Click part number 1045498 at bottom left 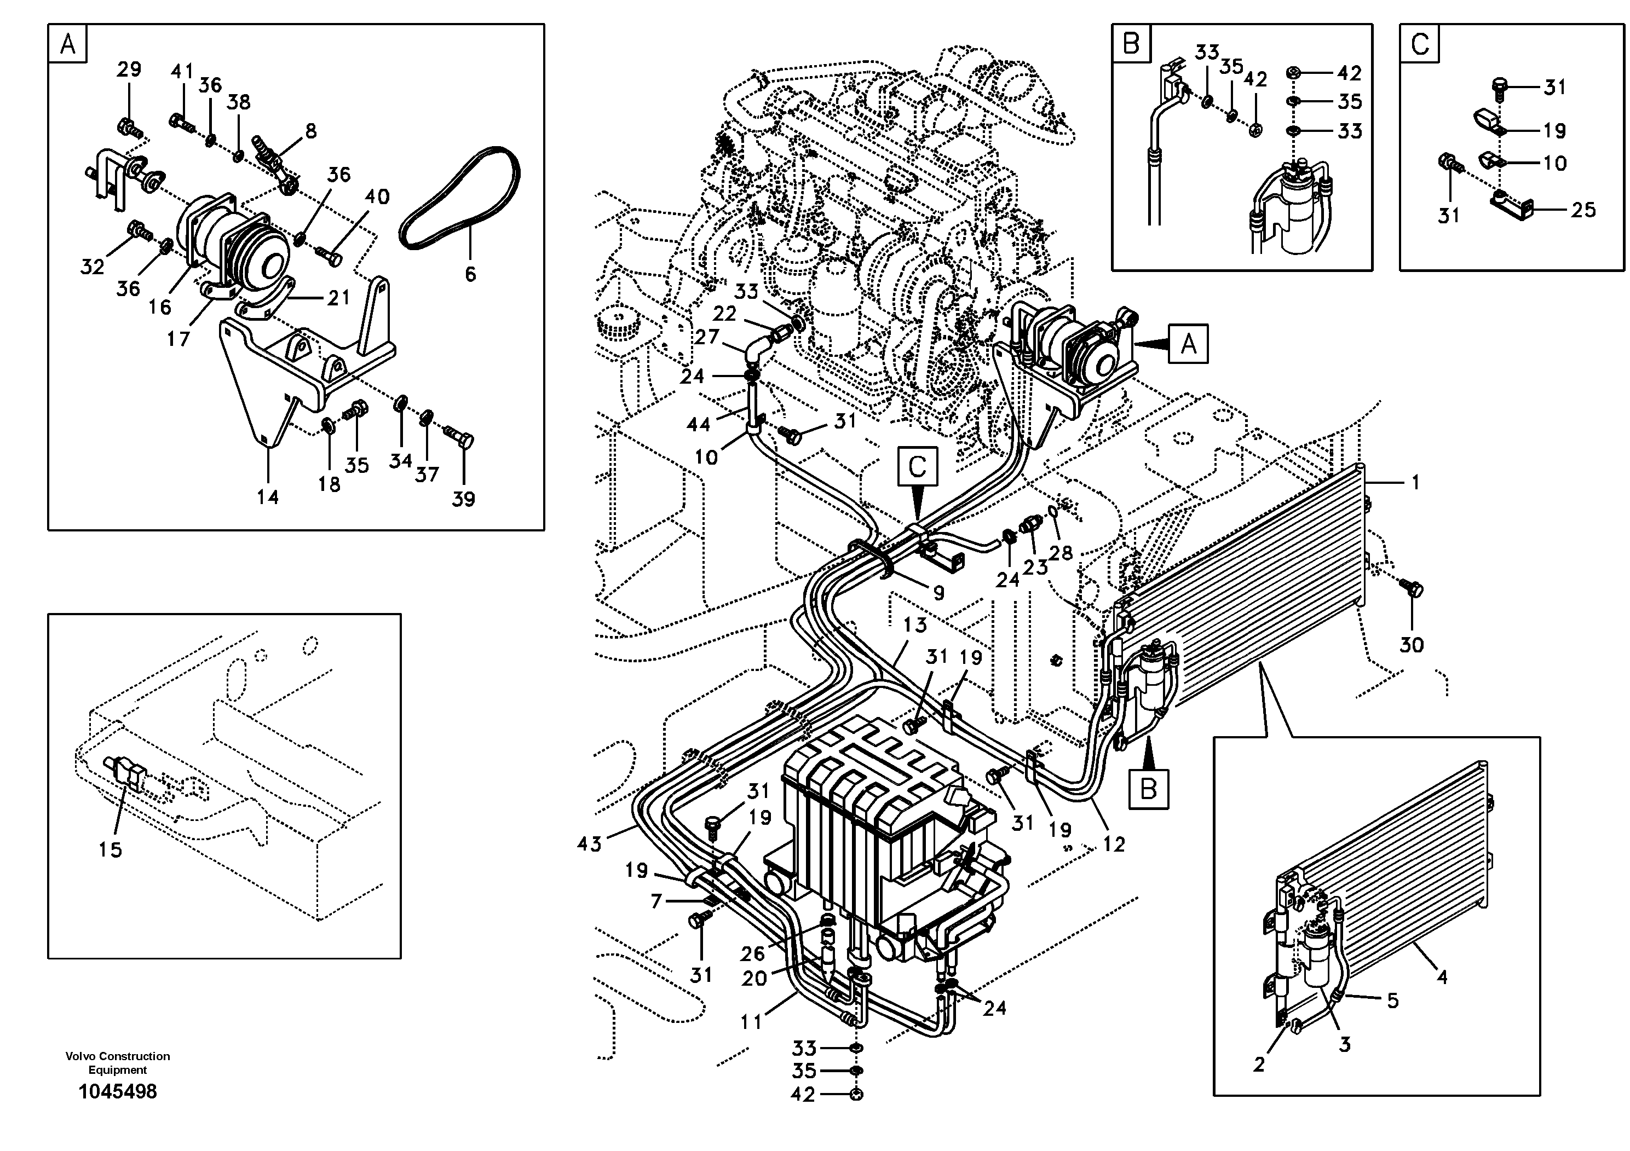118,1091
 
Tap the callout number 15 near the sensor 110,849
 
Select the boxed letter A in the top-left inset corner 68,45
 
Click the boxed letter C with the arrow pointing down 917,467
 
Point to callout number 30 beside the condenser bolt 1412,645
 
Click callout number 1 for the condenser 1415,483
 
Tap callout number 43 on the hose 589,844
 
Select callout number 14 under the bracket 268,497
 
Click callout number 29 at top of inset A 129,70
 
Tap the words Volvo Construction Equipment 118,1062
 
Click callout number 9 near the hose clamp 938,593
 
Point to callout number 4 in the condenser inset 1441,977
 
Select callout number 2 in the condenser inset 1259,1065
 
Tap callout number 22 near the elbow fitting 724,313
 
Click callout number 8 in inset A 310,131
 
